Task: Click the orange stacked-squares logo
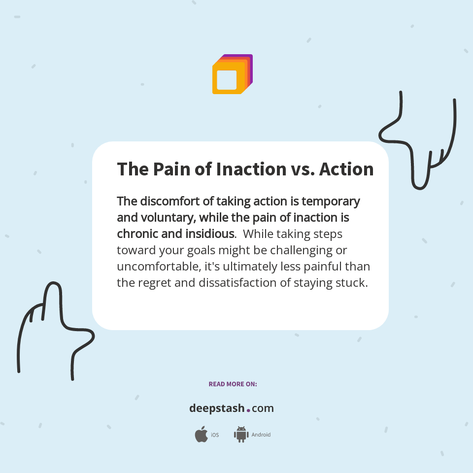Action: [x=232, y=74]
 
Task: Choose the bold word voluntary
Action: [x=161, y=217]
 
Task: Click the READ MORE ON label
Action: [x=233, y=384]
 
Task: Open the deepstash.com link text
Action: [x=232, y=408]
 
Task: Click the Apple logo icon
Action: [x=201, y=435]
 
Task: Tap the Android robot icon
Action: [x=241, y=435]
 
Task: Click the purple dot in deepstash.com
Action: [x=248, y=410]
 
